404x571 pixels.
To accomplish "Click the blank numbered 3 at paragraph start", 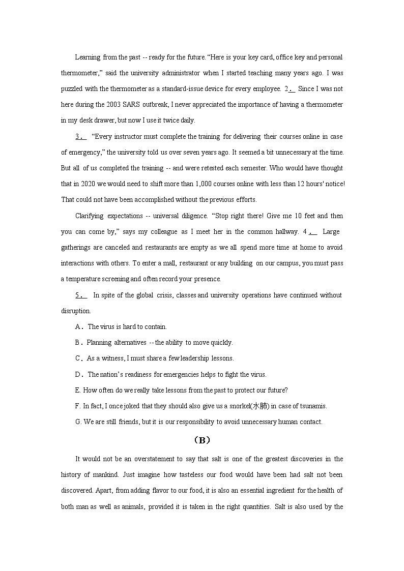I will pos(81,136).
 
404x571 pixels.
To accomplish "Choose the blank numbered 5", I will pos(81,295).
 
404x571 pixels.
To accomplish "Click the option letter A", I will pos(78,326).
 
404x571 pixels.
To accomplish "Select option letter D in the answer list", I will pos(78,374).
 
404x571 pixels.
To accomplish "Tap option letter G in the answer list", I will pos(78,422).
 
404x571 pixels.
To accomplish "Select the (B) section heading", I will pos(202,440).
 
